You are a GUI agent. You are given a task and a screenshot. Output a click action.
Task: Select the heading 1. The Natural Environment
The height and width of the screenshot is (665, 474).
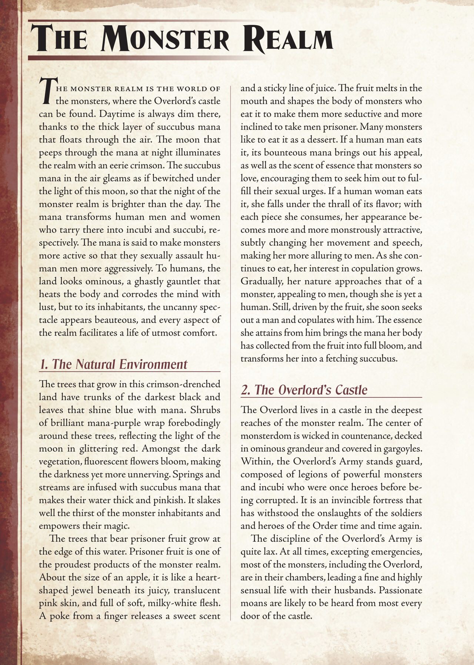(x=113, y=364)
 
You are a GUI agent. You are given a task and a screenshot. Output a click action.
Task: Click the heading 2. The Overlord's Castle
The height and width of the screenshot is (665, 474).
(x=304, y=390)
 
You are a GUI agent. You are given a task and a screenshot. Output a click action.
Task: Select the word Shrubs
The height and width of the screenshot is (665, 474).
(x=205, y=410)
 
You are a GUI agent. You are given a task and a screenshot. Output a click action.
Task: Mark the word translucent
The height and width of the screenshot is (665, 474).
(x=197, y=590)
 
